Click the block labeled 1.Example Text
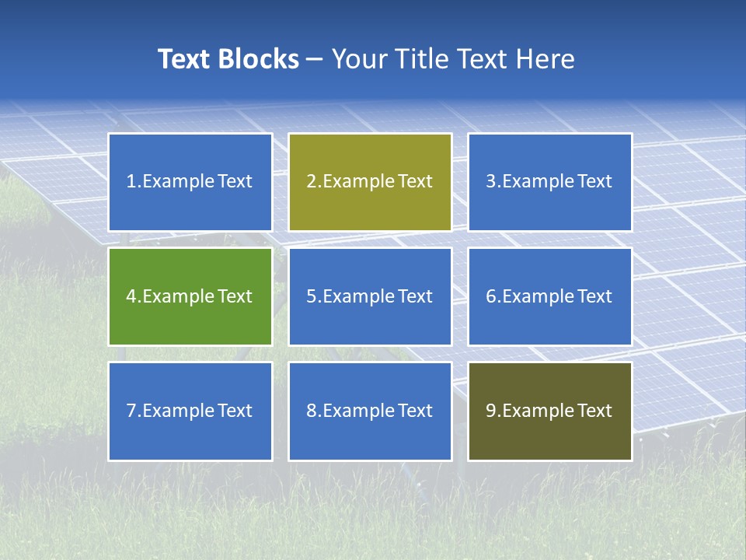click(190, 182)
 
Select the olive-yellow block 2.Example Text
click(370, 182)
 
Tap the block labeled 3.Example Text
click(549, 182)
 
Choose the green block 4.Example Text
click(190, 296)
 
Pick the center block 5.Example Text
click(370, 296)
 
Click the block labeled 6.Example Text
click(549, 296)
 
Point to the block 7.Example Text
click(190, 411)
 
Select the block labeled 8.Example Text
click(370, 411)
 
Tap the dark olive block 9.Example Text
click(549, 411)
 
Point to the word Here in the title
click(547, 59)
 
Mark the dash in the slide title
click(315, 59)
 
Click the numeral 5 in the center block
click(311, 296)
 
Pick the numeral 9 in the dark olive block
click(491, 411)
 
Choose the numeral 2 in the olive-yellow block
click(311, 182)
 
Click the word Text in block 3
click(594, 182)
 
